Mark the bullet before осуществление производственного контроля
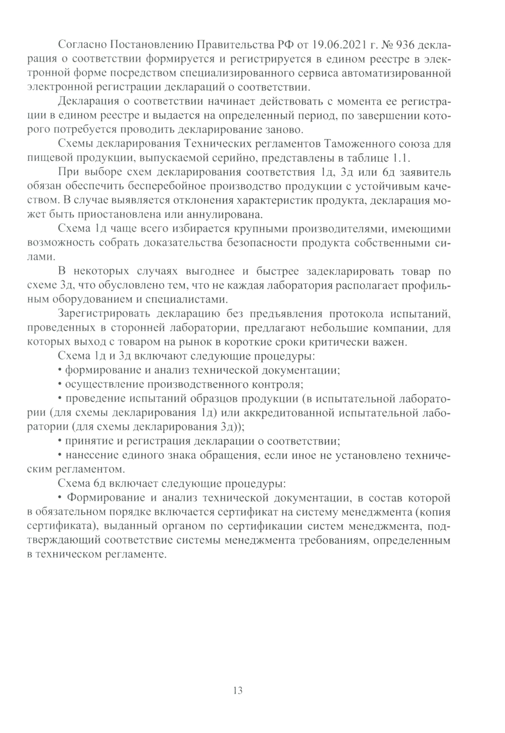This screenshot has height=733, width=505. [x=61, y=385]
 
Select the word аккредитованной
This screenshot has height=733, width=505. [x=287, y=413]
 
